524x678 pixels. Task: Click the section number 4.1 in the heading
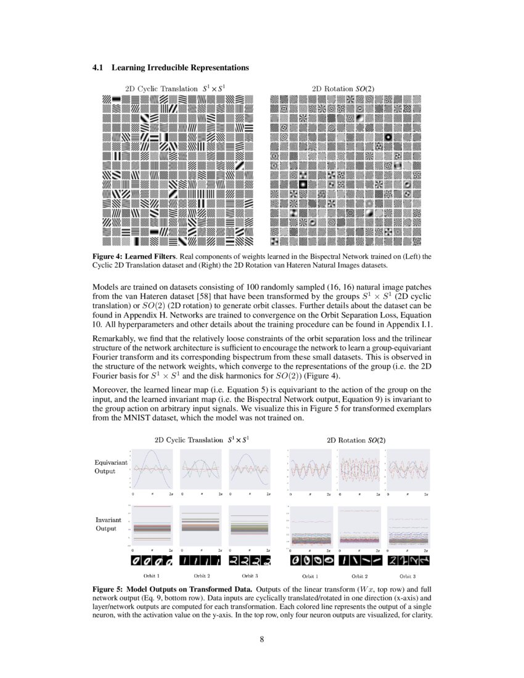click(x=97, y=67)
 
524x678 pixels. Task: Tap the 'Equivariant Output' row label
click(x=108, y=466)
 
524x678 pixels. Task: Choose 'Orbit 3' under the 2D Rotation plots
click(x=407, y=576)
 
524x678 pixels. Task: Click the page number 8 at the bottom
click(x=262, y=639)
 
